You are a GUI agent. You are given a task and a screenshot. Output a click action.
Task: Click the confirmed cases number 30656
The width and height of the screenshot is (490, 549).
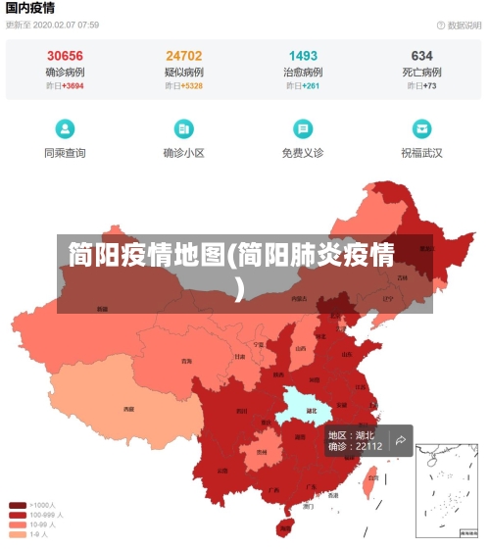tap(65, 56)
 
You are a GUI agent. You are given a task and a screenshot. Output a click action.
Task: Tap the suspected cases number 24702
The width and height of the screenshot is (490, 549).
tap(184, 56)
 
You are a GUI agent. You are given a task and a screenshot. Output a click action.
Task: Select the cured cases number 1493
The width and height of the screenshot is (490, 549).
tap(303, 56)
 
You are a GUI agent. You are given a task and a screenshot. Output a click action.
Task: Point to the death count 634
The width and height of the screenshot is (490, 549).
tap(421, 56)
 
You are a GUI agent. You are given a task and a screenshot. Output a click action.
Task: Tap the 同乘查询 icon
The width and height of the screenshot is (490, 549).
tap(65, 128)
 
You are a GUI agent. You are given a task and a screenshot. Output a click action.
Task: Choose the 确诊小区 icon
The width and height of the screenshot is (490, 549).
tap(184, 128)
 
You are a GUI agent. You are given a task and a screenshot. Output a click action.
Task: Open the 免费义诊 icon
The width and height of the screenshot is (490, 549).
tap(303, 128)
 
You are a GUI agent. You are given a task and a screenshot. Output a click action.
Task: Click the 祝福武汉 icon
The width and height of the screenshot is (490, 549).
tap(421, 128)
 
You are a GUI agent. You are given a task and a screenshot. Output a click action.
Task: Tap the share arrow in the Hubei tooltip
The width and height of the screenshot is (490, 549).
tap(401, 440)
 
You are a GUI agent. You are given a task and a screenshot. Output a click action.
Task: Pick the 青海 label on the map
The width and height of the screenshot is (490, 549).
tap(186, 361)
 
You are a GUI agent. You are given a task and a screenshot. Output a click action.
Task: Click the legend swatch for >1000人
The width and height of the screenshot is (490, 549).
tap(18, 506)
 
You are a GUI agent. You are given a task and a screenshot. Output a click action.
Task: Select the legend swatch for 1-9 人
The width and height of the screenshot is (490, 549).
tap(18, 534)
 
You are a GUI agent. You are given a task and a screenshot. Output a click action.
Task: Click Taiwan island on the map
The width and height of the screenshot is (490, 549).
tap(370, 481)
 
